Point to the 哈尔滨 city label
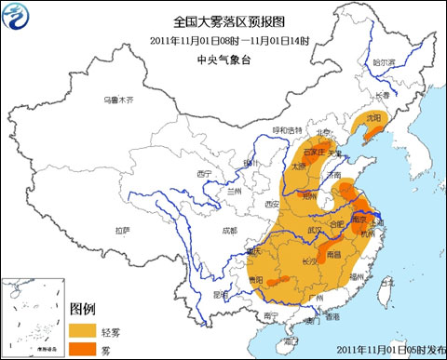384,62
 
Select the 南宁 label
271,316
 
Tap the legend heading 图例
83,309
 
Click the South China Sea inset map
33,316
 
